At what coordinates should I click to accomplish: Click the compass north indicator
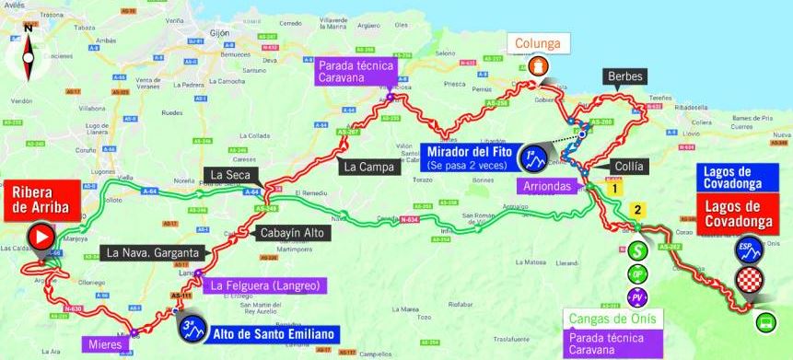28,45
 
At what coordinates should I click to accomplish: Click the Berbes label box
624,76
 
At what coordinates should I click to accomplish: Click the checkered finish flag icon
747,281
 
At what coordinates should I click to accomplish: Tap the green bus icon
764,322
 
